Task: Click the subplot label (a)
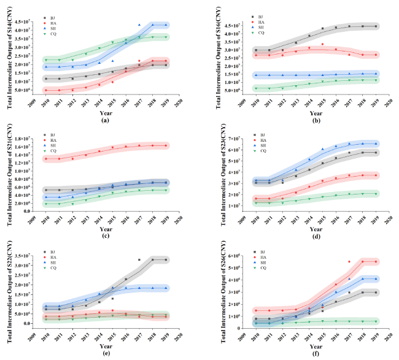[106, 119]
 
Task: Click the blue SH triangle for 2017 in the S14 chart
[139, 25]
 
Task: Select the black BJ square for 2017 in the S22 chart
[139, 260]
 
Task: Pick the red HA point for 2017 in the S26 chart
[349, 262]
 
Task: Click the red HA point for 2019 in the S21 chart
[166, 145]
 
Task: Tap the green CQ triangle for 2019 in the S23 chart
[376, 194]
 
